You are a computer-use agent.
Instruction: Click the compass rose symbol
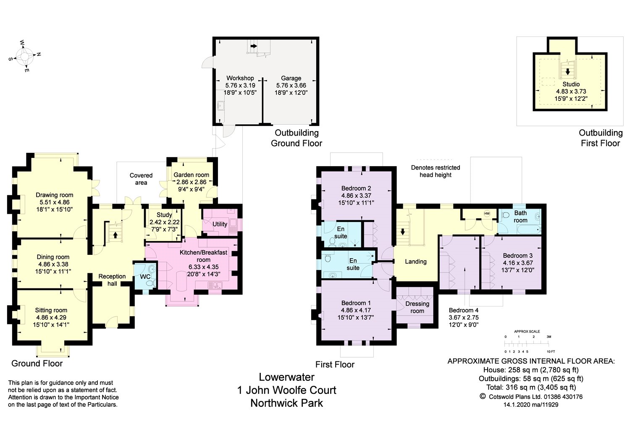pyautogui.click(x=25, y=56)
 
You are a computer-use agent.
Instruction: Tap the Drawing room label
pyautogui.click(x=54, y=195)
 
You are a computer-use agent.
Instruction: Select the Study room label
pyautogui.click(x=164, y=215)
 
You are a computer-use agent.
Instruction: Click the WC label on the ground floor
pyautogui.click(x=145, y=277)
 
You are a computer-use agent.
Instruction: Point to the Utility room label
pyautogui.click(x=220, y=224)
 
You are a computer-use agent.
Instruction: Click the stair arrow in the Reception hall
pyautogui.click(x=115, y=234)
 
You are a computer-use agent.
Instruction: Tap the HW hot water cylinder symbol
pyautogui.click(x=487, y=214)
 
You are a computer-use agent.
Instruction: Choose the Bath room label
pyautogui.click(x=520, y=217)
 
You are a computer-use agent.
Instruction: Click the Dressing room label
pyautogui.click(x=417, y=307)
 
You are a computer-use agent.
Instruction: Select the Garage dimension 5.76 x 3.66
pyautogui.click(x=291, y=86)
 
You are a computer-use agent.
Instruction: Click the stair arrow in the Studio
pyautogui.click(x=567, y=72)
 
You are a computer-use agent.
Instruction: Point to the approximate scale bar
pyautogui.click(x=527, y=343)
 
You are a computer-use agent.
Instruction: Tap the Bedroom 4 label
pyautogui.click(x=464, y=310)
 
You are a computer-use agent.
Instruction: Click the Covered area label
pyautogui.click(x=141, y=179)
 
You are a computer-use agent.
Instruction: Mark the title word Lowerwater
pyautogui.click(x=286, y=377)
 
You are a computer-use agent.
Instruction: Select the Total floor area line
pyautogui.click(x=531, y=387)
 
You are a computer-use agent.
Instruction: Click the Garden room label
pyautogui.click(x=191, y=175)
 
